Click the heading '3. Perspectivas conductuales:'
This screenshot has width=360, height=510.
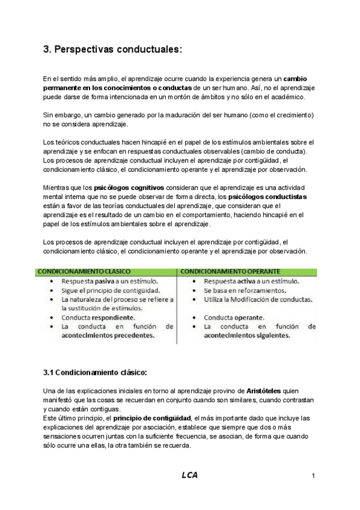click(x=112, y=51)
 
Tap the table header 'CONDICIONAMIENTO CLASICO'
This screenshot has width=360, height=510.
click(x=84, y=271)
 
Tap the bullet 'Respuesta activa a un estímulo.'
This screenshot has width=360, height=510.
click(x=252, y=281)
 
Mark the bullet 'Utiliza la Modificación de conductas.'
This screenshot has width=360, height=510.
click(x=258, y=299)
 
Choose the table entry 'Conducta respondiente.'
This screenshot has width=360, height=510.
click(x=98, y=317)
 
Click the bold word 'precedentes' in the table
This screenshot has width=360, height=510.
click(x=127, y=336)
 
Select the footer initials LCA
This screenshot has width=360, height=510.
click(x=189, y=475)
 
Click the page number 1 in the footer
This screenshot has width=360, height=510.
click(x=313, y=476)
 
